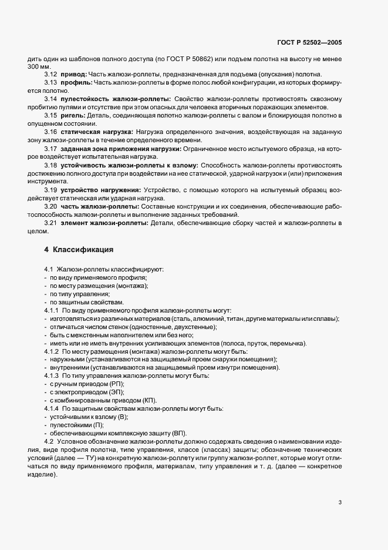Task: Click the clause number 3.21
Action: coord(50,225)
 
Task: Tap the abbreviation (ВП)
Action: coord(178,434)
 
